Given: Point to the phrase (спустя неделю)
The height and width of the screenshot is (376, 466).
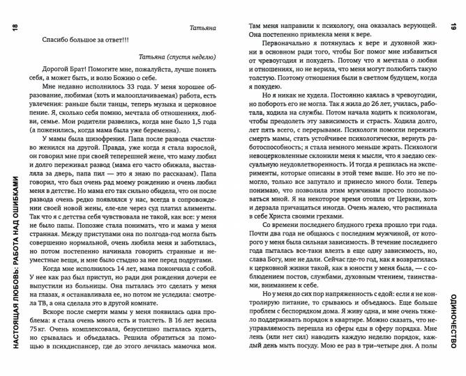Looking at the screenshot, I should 189,56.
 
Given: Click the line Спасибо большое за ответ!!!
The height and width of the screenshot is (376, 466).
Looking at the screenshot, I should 81,40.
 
